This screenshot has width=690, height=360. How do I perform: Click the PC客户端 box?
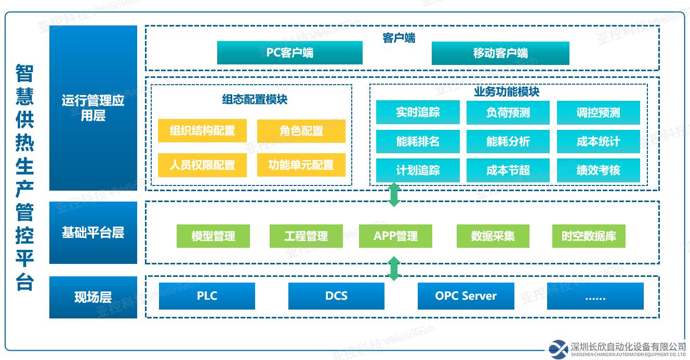coord(289,53)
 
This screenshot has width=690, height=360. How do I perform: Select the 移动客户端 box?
coord(500,53)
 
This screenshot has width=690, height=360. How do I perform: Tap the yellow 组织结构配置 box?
coord(202,131)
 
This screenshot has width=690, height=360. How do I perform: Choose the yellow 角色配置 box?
coord(301,131)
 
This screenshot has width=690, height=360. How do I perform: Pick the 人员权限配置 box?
coord(202,165)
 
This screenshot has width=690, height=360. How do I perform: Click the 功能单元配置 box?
coord(301,165)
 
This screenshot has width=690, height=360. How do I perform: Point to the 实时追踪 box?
coord(418,112)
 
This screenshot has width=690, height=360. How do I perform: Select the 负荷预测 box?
coord(508,112)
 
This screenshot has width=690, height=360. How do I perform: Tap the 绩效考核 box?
coord(598,170)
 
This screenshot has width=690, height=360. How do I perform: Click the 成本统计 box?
coord(598,141)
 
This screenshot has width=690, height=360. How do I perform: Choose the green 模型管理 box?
coord(213,236)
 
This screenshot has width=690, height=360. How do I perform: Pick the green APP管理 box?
coord(395,236)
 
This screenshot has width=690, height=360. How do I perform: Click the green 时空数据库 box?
coord(589,236)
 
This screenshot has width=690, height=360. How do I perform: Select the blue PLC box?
coord(207,296)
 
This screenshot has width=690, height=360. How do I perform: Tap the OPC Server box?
coord(466,296)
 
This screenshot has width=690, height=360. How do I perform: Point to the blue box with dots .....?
coord(595,296)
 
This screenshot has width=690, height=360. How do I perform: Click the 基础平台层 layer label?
coord(93,233)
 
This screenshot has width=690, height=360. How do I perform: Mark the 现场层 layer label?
coord(93,297)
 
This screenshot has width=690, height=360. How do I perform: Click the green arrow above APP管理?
coord(394,194)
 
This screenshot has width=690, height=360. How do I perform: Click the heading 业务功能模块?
coord(507,92)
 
